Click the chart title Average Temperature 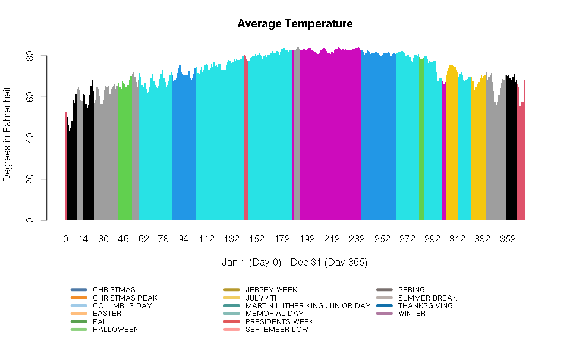point(295,24)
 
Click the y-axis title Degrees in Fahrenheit point(7,138)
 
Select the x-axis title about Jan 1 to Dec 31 point(294,262)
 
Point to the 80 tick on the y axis point(28,56)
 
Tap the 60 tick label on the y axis point(28,97)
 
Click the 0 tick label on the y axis point(28,220)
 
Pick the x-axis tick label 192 point(307,239)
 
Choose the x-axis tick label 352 point(508,239)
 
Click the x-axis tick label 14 point(84,239)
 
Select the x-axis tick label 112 point(206,239)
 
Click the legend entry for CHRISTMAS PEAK point(125,298)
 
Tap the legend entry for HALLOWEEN point(115,330)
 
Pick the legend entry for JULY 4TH point(262,298)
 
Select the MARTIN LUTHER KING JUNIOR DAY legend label point(307,306)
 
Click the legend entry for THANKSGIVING point(425,306)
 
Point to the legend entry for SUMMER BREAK point(427,298)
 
